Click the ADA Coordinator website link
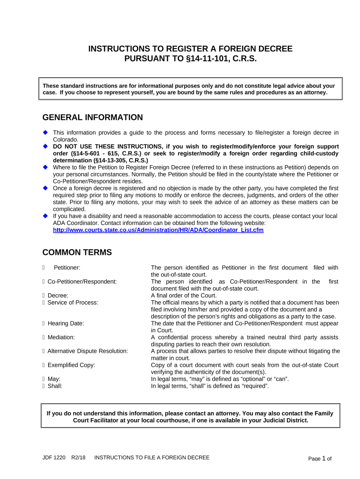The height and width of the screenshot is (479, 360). pos(158,230)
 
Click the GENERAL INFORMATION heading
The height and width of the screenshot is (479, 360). pos(93,117)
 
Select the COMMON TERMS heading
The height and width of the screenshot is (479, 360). pos(77,253)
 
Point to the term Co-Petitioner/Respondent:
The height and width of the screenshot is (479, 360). pos(82,282)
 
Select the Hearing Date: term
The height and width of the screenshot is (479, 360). pos(66,323)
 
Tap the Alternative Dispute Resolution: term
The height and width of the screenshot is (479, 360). pos(88,351)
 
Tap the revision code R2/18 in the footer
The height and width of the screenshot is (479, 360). pos(78,457)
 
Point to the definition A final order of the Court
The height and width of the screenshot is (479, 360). pos(184,296)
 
